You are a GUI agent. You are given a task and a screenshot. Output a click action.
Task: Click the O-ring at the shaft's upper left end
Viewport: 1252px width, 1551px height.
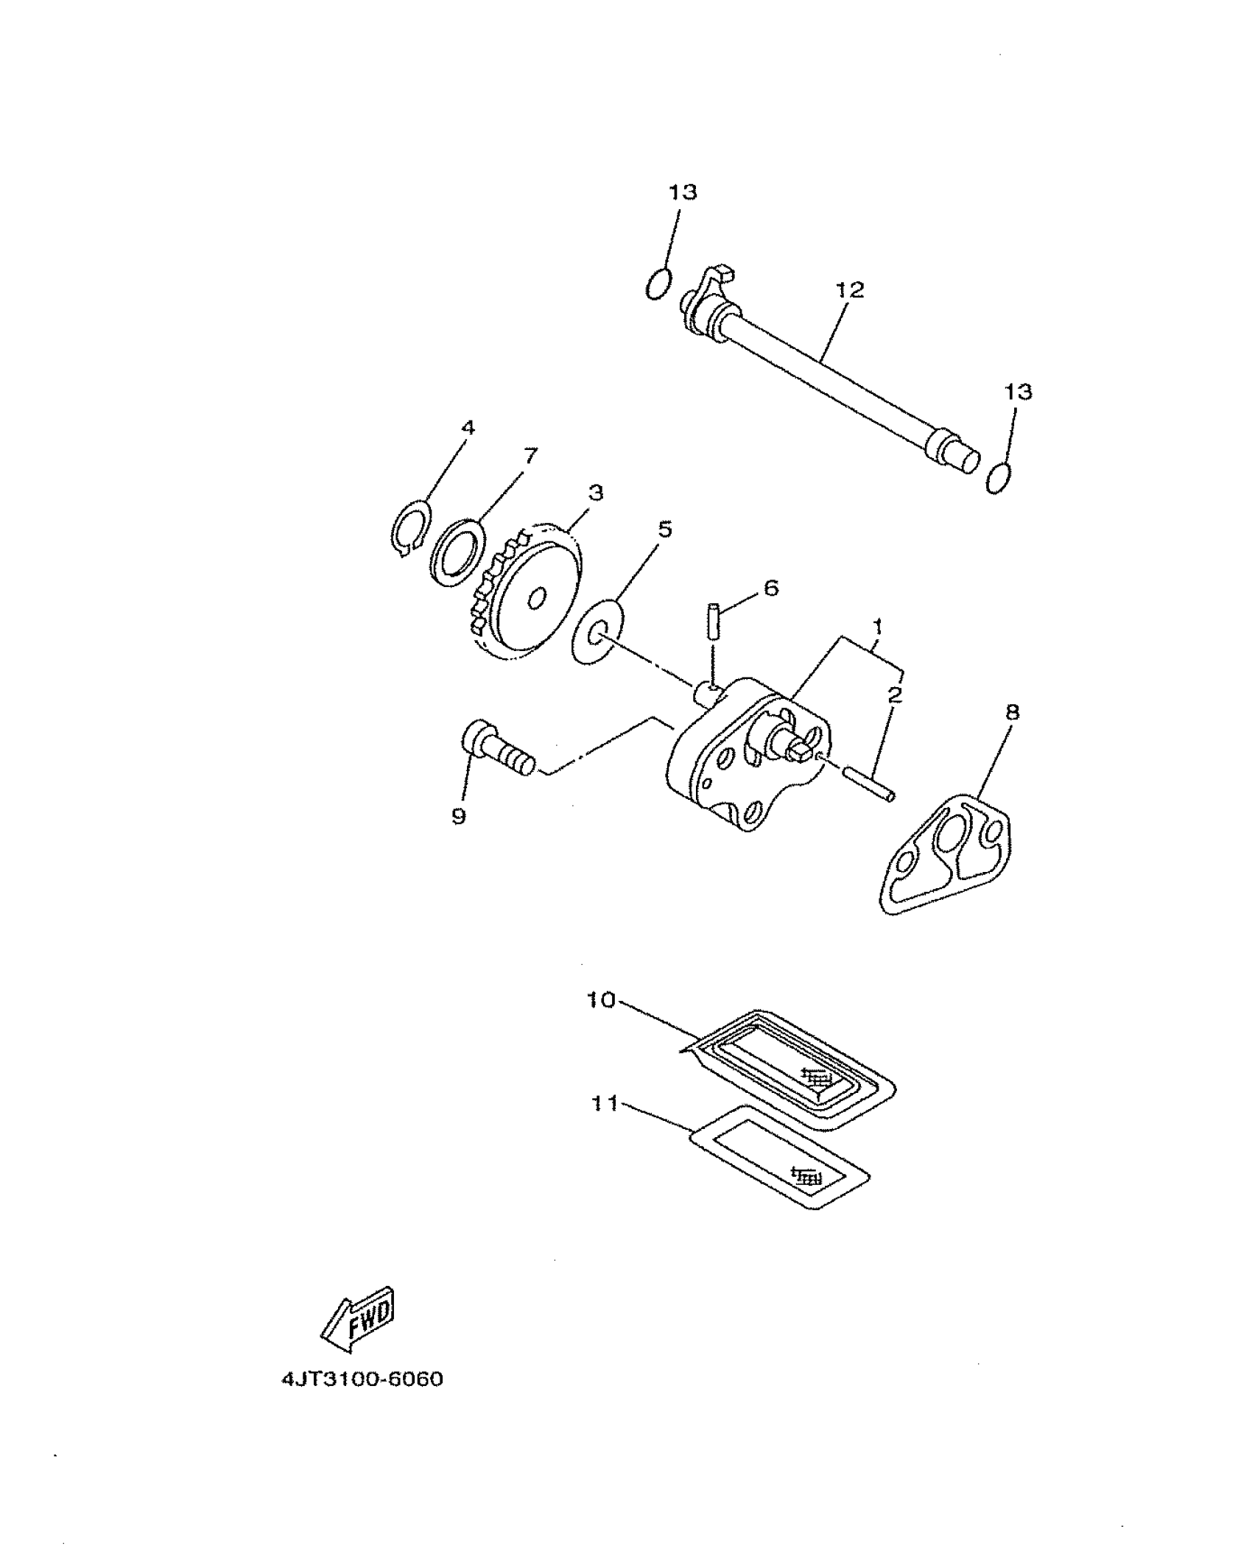[x=658, y=284]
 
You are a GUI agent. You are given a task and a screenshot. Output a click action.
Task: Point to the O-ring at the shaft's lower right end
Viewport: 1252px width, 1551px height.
[x=999, y=478]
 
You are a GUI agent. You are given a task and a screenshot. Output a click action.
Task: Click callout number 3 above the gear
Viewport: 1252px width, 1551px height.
[x=596, y=492]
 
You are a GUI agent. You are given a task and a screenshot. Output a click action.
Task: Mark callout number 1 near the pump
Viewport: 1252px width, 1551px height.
[x=877, y=626]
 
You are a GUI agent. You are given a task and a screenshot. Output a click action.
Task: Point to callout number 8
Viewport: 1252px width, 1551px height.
[x=1013, y=712]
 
